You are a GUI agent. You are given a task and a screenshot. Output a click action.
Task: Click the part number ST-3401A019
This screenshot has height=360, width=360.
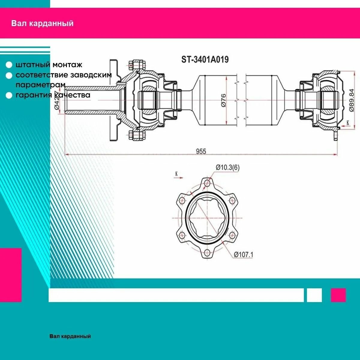coord(205,60)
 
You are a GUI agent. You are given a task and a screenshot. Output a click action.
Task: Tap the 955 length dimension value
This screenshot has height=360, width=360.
coord(201,151)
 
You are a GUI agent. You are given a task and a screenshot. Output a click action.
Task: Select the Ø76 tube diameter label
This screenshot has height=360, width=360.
coord(223,100)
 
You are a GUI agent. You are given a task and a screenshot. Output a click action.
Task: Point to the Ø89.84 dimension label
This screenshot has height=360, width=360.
coord(351,100)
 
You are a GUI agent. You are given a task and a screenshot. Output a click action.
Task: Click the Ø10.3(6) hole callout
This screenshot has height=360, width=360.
coord(227,167)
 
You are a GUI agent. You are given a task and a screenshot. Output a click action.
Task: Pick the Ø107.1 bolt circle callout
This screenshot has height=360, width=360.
coord(243,254)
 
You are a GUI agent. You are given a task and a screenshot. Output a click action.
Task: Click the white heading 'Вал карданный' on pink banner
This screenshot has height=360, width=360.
coord(42,23)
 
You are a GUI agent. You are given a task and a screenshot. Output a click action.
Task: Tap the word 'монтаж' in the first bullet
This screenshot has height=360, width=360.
coord(67,65)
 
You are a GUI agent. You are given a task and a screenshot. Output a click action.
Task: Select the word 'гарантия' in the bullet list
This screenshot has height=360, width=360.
coord(34,95)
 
